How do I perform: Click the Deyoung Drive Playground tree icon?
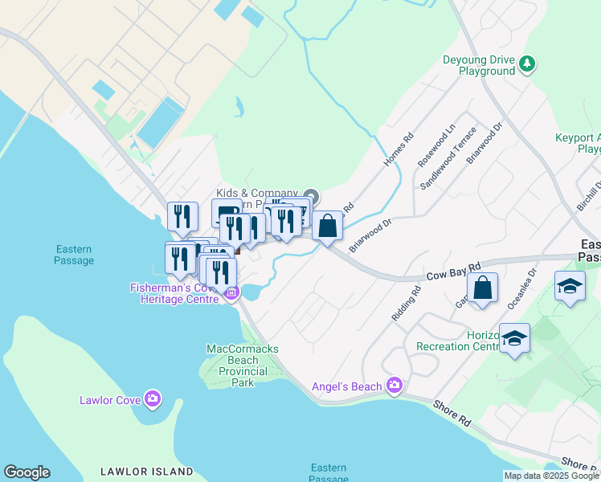tap(527, 62)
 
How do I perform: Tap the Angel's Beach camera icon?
tap(394, 386)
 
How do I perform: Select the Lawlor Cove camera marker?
tap(153, 399)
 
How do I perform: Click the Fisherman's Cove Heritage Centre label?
tap(174, 293)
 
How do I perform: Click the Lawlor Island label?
tap(146, 472)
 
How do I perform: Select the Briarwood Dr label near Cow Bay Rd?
tap(370, 234)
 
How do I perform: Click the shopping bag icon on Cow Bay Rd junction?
tap(327, 226)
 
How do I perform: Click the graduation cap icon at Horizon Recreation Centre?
tap(513, 339)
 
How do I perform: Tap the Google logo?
tap(27, 472)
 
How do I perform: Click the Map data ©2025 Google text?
tap(550, 476)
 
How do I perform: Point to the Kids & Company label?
tap(252, 194)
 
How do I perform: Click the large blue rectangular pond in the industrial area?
tap(161, 122)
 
